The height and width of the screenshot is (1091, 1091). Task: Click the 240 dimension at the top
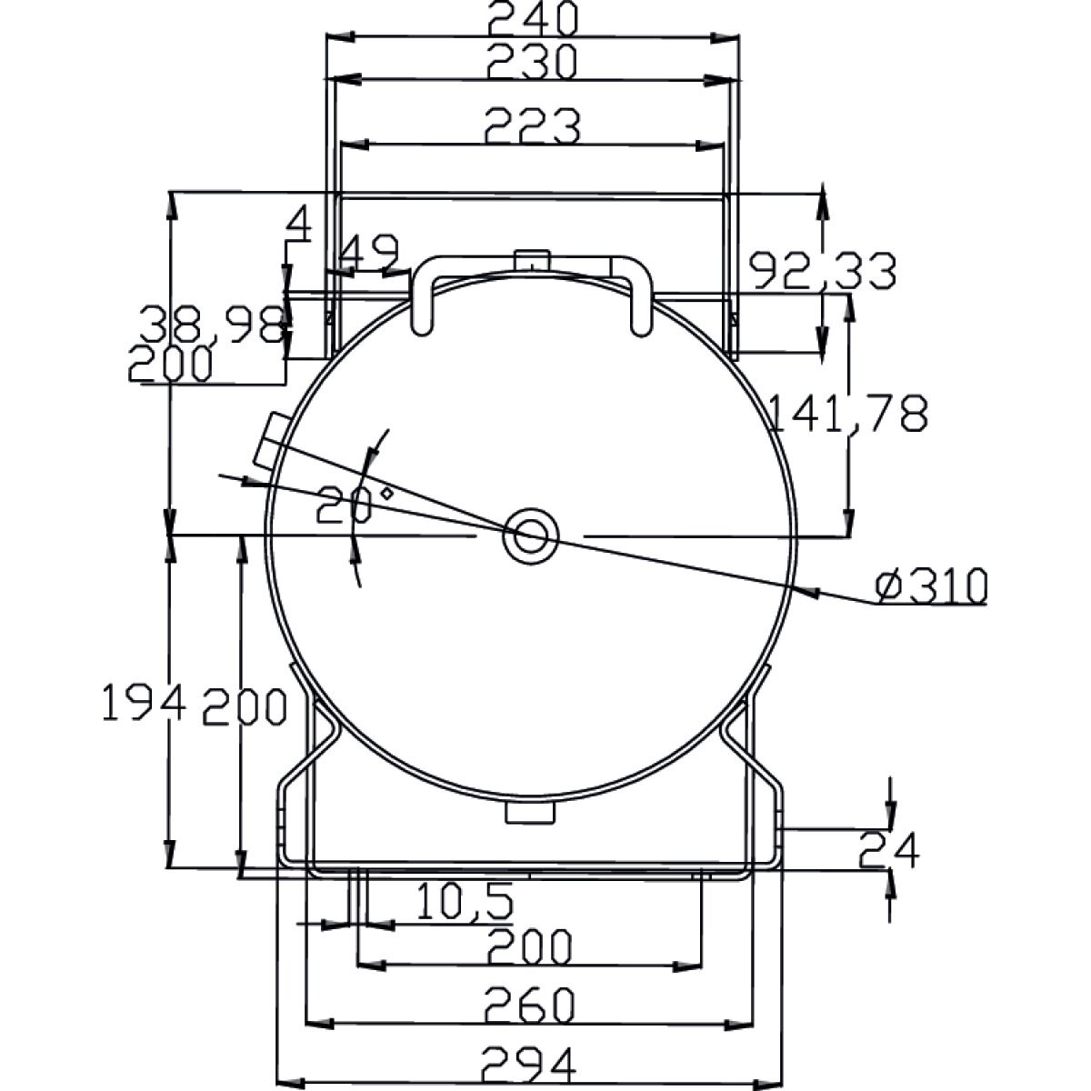[x=532, y=17]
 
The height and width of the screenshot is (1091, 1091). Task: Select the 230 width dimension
[x=532, y=62]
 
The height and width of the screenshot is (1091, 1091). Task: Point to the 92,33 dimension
[x=823, y=270]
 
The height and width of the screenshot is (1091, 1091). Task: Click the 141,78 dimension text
[x=848, y=414]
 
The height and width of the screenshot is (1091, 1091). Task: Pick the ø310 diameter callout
[x=931, y=586]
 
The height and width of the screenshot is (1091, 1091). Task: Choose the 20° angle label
[x=347, y=505]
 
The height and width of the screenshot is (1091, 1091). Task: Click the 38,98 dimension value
[x=212, y=325]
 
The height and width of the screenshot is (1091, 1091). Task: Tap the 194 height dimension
[x=144, y=705]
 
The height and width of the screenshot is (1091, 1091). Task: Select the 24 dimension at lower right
[x=889, y=850]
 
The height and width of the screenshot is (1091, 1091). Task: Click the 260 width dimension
[x=532, y=1005]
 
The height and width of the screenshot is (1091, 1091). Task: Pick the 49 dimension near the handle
[x=372, y=252]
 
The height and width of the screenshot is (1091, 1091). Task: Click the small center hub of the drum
[x=530, y=535]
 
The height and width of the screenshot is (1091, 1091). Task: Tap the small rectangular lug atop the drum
[x=531, y=260]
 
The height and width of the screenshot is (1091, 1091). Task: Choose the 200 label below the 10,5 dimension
[x=529, y=947]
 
